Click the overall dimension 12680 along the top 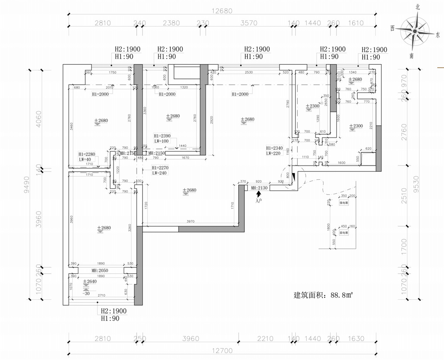tap(222, 11)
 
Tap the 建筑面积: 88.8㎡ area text tap(324, 296)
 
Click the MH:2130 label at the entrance tap(259, 188)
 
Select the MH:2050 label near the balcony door tap(100, 270)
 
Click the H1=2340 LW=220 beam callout tap(274, 150)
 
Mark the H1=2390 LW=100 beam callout tap(162, 138)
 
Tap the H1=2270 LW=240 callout tap(159, 171)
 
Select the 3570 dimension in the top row tap(249, 23)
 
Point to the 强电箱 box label tap(344, 202)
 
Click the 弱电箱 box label tap(344, 233)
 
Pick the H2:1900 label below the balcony tap(114, 311)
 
